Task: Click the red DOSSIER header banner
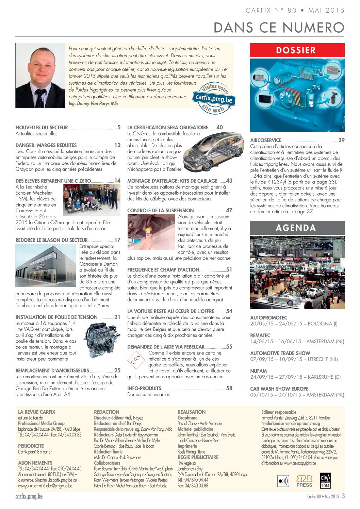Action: pos(297,50)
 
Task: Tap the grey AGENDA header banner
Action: pos(297,228)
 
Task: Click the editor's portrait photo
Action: pos(40,76)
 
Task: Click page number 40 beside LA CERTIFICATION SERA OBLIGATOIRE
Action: pos(220,127)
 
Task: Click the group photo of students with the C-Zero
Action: pos(92,200)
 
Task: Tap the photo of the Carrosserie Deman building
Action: pos(46,266)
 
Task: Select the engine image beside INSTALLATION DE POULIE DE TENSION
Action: pos(100,341)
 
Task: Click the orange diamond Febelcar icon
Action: pos(136,360)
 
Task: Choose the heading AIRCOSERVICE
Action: pos(266,140)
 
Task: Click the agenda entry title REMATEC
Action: pos(260,335)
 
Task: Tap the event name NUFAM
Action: pos(259,371)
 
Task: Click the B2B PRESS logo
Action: pos(304,481)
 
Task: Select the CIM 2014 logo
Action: pos(325,481)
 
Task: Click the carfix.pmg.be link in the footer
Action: pos(29,496)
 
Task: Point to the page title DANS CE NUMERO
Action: pos(279,28)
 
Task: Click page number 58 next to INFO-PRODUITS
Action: pos(229,388)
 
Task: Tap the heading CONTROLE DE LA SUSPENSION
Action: pos(160,211)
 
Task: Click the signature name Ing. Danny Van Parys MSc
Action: pos(94,104)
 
